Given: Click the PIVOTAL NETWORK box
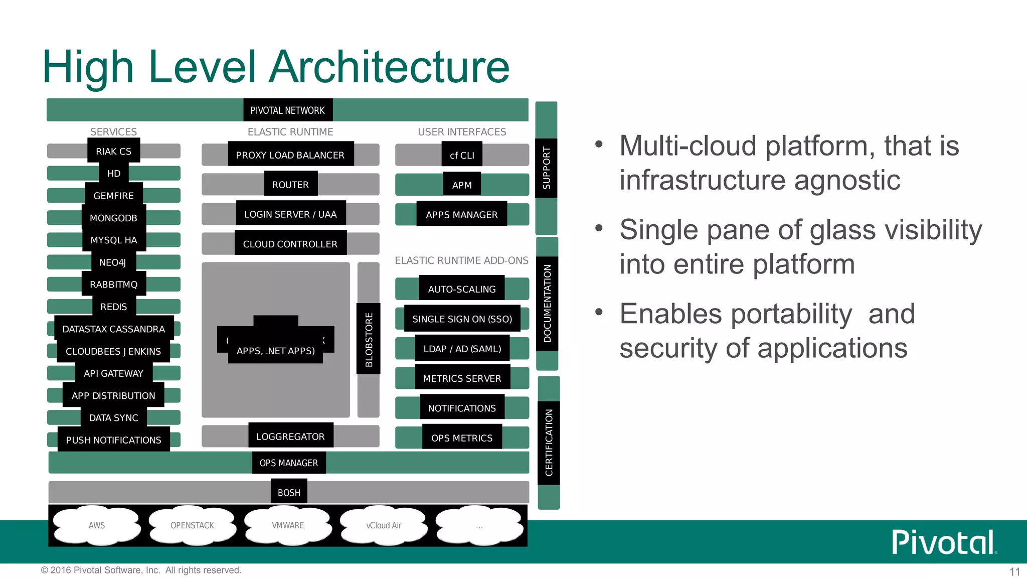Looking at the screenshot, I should click(288, 110).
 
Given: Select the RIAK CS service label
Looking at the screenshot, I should click(113, 151).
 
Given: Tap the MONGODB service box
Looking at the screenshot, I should click(113, 218).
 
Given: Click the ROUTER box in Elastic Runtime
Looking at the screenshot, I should click(290, 185).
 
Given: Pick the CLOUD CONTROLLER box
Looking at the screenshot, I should click(290, 244).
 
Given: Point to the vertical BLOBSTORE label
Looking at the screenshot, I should click(369, 339).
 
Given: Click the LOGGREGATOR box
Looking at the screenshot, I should click(290, 437).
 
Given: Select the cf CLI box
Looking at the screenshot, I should click(462, 155).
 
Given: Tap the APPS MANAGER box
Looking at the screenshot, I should click(461, 215).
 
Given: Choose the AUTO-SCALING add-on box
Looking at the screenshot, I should click(461, 289).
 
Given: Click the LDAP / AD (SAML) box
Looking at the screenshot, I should click(462, 349).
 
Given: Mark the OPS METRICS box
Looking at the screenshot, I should click(461, 438).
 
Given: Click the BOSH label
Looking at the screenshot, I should click(289, 493).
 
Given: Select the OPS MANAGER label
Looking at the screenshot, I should click(289, 463).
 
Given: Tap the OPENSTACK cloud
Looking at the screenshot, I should click(192, 525).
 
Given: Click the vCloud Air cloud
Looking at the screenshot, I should click(384, 525).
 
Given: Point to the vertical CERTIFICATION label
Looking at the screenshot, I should click(549, 443).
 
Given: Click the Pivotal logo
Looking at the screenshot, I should click(943, 542).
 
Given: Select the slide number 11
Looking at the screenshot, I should click(1014, 571).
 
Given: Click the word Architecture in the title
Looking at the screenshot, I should click(389, 67).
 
